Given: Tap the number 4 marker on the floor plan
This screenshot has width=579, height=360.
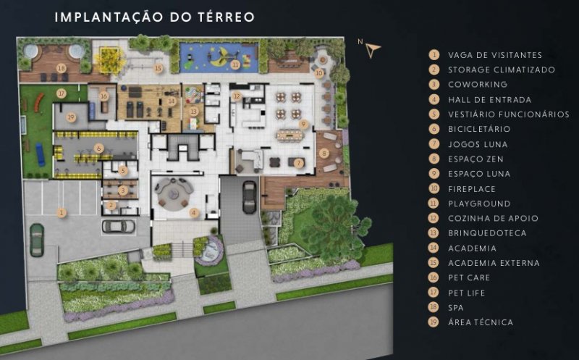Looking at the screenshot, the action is (194, 212).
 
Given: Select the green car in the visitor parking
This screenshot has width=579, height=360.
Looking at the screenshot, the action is (37, 240).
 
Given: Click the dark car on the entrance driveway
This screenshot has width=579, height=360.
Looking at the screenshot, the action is (250, 197).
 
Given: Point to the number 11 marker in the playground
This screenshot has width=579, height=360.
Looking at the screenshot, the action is (235, 65).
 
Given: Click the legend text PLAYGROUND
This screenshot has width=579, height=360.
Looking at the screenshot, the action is (479, 204).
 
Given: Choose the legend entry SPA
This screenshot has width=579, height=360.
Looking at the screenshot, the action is (456, 308).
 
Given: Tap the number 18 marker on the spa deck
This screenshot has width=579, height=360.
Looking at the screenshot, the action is (62, 68).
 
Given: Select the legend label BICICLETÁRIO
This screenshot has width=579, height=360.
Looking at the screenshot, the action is (479, 129).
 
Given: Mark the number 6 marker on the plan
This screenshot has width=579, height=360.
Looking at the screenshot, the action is (98, 148).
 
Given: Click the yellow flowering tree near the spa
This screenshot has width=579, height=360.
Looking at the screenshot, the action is (108, 56).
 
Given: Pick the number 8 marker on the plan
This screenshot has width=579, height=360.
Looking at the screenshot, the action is (324, 153).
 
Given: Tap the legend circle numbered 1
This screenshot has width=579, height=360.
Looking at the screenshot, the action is (434, 55).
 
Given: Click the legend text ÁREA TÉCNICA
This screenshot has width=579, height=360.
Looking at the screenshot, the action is (481, 322).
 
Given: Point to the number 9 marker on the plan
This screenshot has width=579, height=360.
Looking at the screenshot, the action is (303, 124).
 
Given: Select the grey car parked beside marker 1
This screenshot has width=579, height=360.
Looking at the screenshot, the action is (118, 227).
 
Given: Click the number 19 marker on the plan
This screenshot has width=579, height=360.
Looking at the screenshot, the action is (71, 117).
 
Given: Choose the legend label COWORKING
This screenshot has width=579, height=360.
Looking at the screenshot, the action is (478, 84).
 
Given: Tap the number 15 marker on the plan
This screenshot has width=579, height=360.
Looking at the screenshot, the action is (158, 68).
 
